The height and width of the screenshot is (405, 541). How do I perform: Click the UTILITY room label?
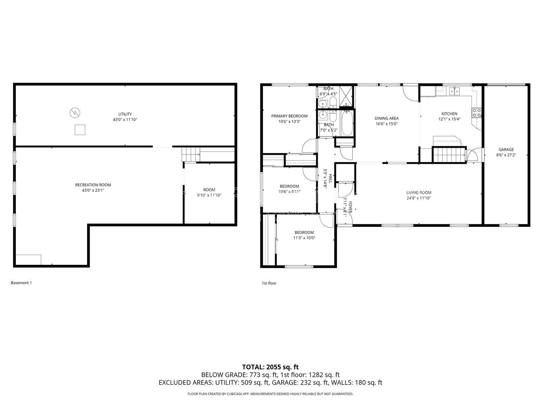(x=125, y=114)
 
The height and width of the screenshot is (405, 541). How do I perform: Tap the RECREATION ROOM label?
(x=93, y=185)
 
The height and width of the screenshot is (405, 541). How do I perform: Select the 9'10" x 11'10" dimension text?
(x=209, y=195)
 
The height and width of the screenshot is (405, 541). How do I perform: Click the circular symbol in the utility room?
(x=75, y=113)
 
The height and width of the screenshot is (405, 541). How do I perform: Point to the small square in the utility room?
(x=80, y=130)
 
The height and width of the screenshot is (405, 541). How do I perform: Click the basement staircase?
(x=190, y=154)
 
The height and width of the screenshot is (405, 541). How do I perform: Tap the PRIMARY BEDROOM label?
(x=289, y=116)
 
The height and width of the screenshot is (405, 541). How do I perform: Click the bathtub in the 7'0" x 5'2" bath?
(x=347, y=123)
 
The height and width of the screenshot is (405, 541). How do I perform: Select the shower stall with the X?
(x=346, y=96)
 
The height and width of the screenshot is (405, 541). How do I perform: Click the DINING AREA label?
(x=387, y=118)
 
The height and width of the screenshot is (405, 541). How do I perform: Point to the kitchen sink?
(x=454, y=91)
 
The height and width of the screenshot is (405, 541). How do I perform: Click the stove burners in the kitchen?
(x=476, y=113)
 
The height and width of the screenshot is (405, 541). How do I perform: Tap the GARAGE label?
(x=506, y=150)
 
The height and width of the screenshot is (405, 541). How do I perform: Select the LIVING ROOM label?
(x=419, y=193)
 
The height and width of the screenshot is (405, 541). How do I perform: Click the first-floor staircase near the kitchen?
(x=449, y=154)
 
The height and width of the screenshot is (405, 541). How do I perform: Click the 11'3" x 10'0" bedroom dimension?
(x=304, y=238)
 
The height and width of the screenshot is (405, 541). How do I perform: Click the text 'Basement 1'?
(x=21, y=283)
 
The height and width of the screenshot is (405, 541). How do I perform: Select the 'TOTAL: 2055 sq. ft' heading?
(x=270, y=367)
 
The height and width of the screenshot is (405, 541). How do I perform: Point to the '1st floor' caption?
(x=269, y=283)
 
